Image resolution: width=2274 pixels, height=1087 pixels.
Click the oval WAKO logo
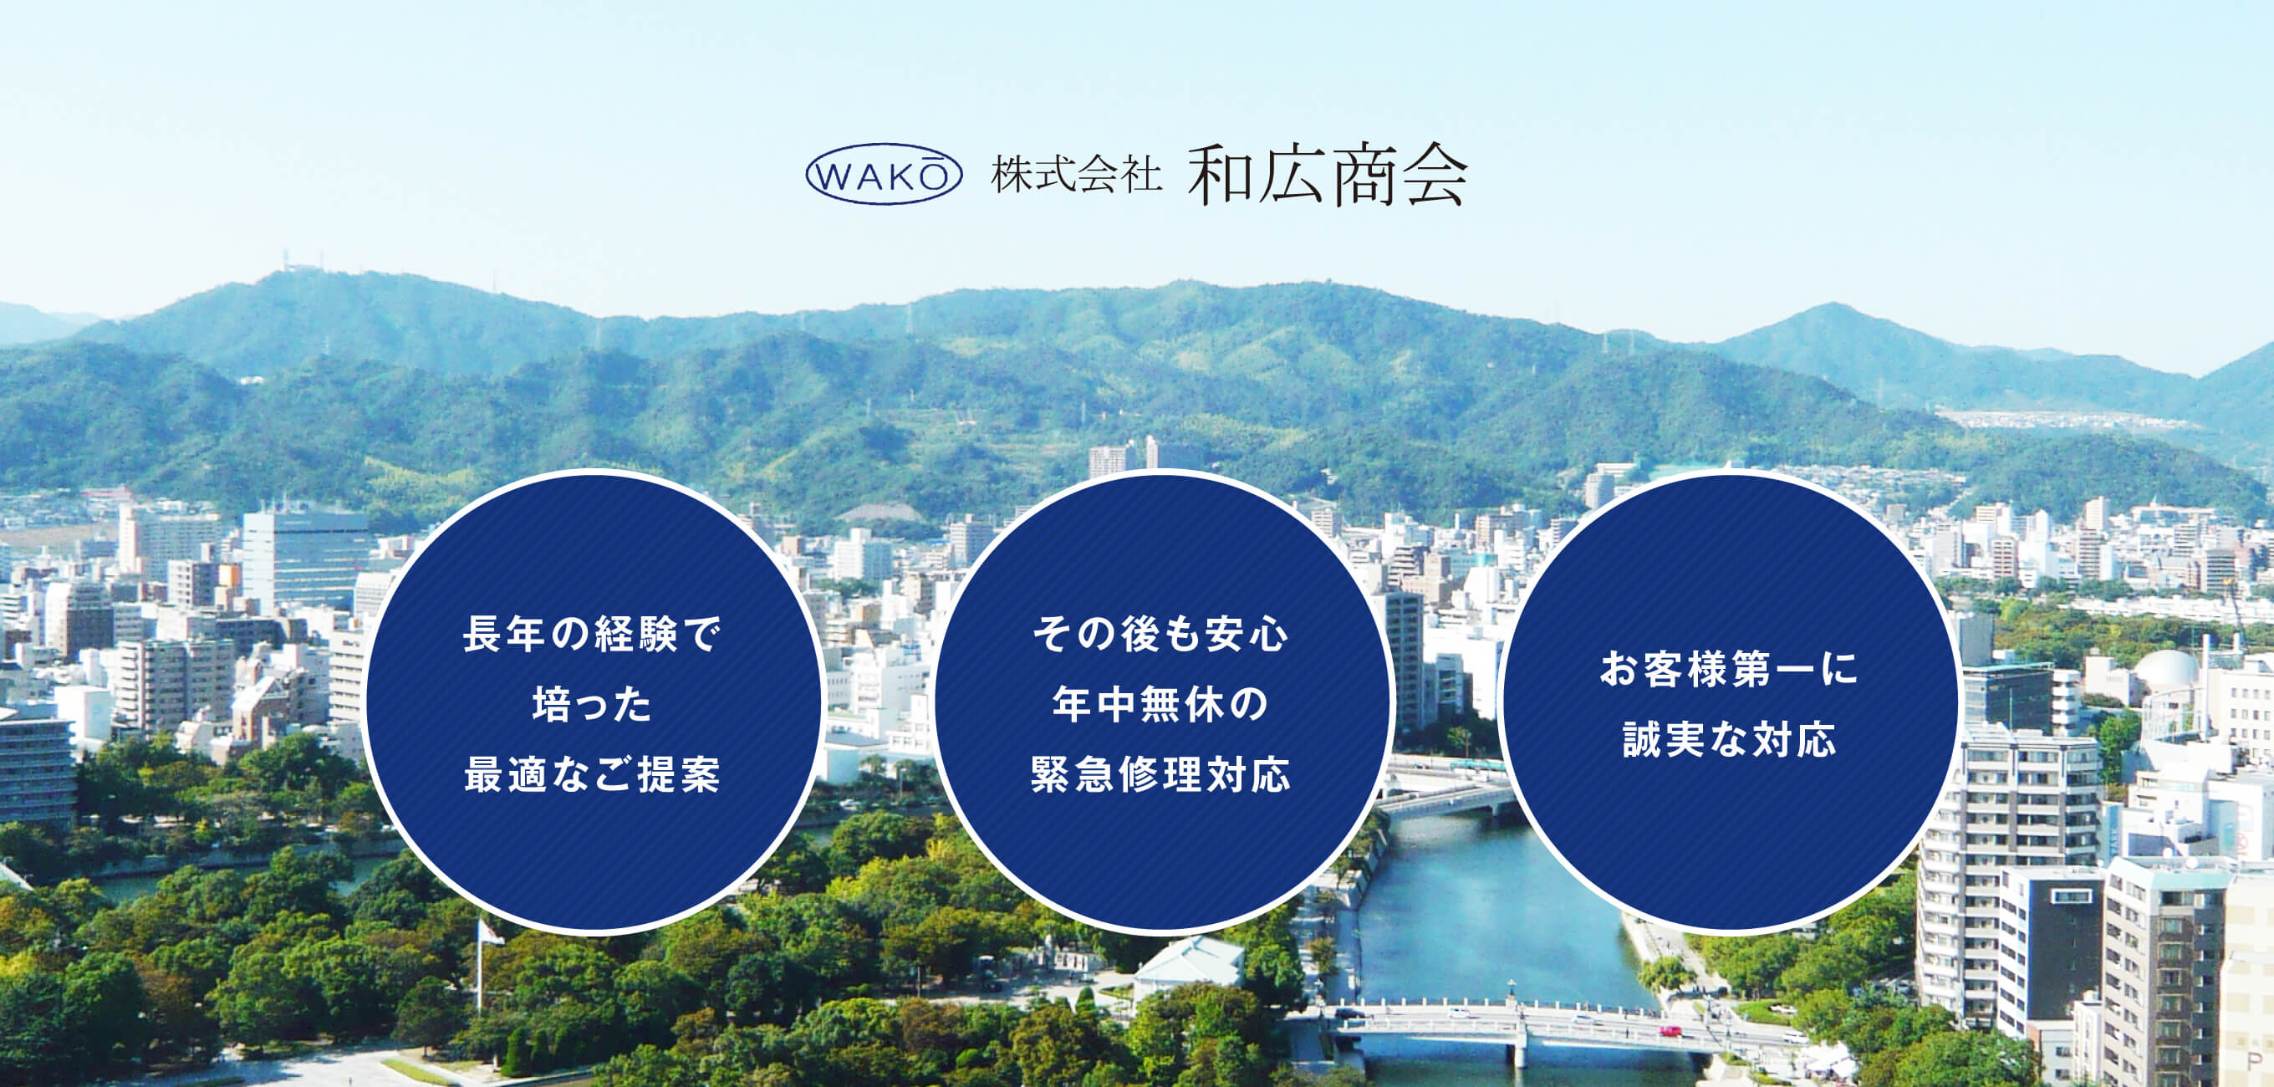pyautogui.click(x=884, y=174)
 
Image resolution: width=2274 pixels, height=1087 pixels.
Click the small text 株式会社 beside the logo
pyautogui.click(x=1076, y=174)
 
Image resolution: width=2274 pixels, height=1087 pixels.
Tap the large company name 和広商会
pyautogui.click(x=1328, y=174)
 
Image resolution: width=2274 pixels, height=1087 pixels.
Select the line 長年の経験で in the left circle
pyautogui.click(x=593, y=634)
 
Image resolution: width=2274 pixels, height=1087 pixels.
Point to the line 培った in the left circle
pyautogui.click(x=593, y=704)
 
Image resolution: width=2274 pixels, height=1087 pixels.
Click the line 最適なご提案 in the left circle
pyautogui.click(x=593, y=774)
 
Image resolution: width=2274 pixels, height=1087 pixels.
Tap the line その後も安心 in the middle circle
pyautogui.click(x=1161, y=634)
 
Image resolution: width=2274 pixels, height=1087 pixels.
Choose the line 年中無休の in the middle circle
pyautogui.click(x=1161, y=704)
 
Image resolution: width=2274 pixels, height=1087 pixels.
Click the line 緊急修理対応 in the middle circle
pyautogui.click(x=1161, y=774)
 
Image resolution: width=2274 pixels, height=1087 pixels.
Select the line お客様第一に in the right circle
pyautogui.click(x=1730, y=668)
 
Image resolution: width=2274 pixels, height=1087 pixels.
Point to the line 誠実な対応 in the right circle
pyautogui.click(x=1730, y=739)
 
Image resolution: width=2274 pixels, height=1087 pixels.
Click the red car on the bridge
pyautogui.click(x=1670, y=1030)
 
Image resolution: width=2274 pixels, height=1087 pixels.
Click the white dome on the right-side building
pyautogui.click(x=2165, y=668)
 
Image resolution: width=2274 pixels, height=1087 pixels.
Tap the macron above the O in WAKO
pyautogui.click(x=932, y=158)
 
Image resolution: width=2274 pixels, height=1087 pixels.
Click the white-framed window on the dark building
pyautogui.click(x=2071, y=896)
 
